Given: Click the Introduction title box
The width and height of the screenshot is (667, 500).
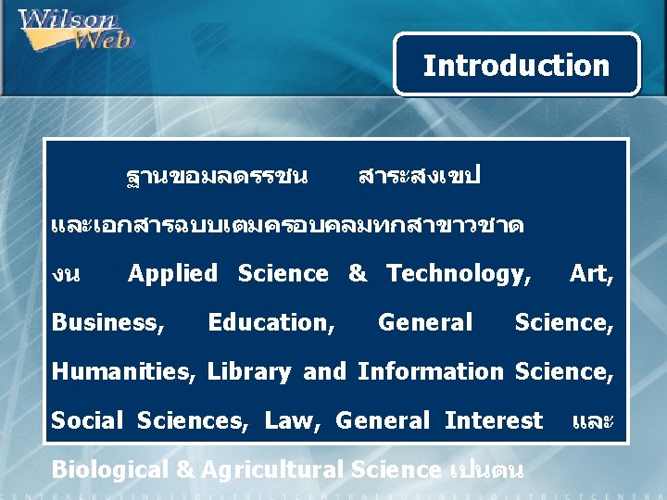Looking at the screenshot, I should tap(516, 65).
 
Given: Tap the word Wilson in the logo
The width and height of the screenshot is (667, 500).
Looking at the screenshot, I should tap(67, 19).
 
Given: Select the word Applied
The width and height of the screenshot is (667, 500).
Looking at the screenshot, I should tap(172, 274).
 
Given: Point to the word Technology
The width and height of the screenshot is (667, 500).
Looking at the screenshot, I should tap(459, 274).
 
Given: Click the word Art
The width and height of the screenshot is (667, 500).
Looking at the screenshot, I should tap(591, 274).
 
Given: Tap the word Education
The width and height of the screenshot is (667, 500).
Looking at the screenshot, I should tap(271, 322).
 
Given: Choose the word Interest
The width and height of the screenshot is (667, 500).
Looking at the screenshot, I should tap(493, 420).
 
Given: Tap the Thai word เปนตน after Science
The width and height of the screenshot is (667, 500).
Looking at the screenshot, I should tap(486, 469).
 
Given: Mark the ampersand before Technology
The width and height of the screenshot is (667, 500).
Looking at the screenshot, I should tap(358, 274).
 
